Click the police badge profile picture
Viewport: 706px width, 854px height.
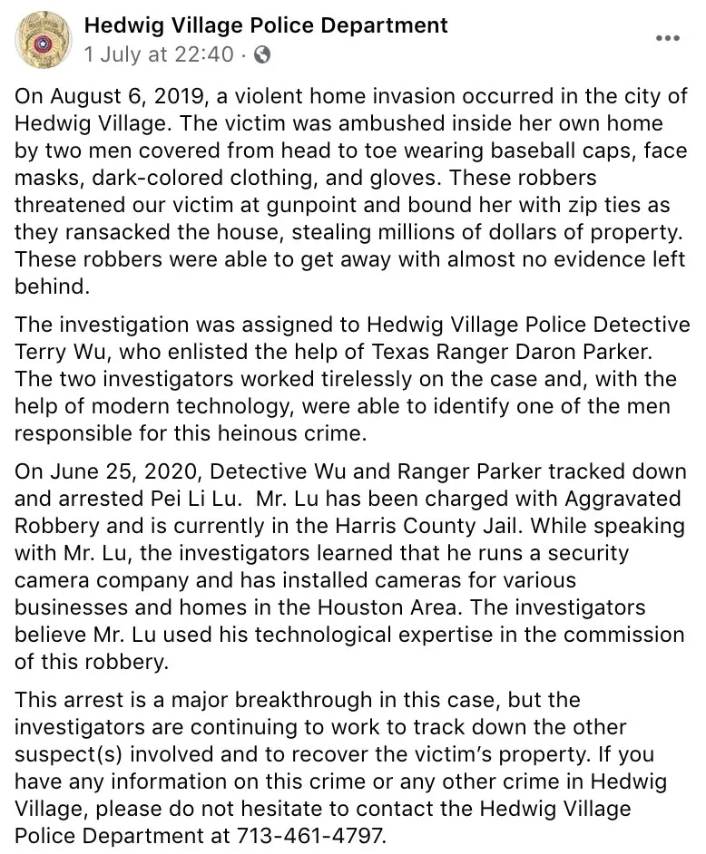pyautogui.click(x=41, y=40)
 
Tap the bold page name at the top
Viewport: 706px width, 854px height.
pyautogui.click(x=265, y=24)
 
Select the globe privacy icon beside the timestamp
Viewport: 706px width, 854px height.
pyautogui.click(x=262, y=54)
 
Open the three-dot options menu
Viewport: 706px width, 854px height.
pyautogui.click(x=667, y=39)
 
